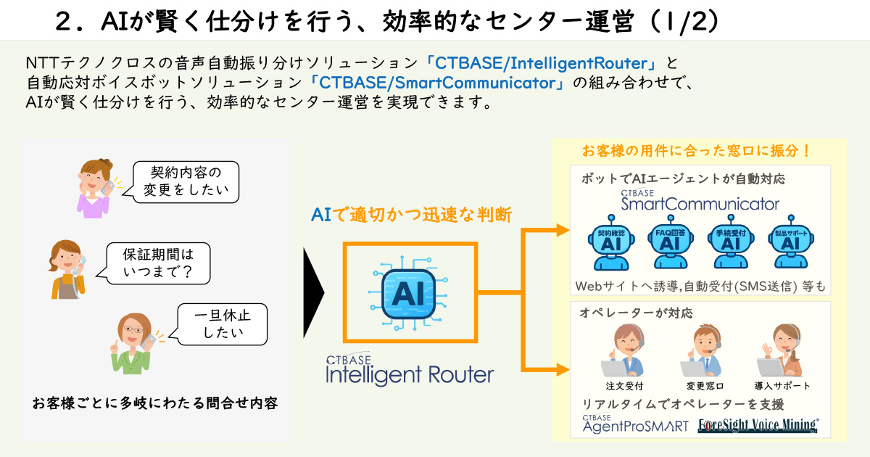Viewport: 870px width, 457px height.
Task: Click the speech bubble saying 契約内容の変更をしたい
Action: [186, 181]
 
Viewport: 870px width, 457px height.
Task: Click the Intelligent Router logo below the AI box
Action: [410, 370]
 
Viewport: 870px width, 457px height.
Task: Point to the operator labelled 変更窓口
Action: [704, 351]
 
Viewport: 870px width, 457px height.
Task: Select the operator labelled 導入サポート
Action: [782, 351]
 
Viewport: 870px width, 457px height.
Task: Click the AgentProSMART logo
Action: [635, 424]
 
